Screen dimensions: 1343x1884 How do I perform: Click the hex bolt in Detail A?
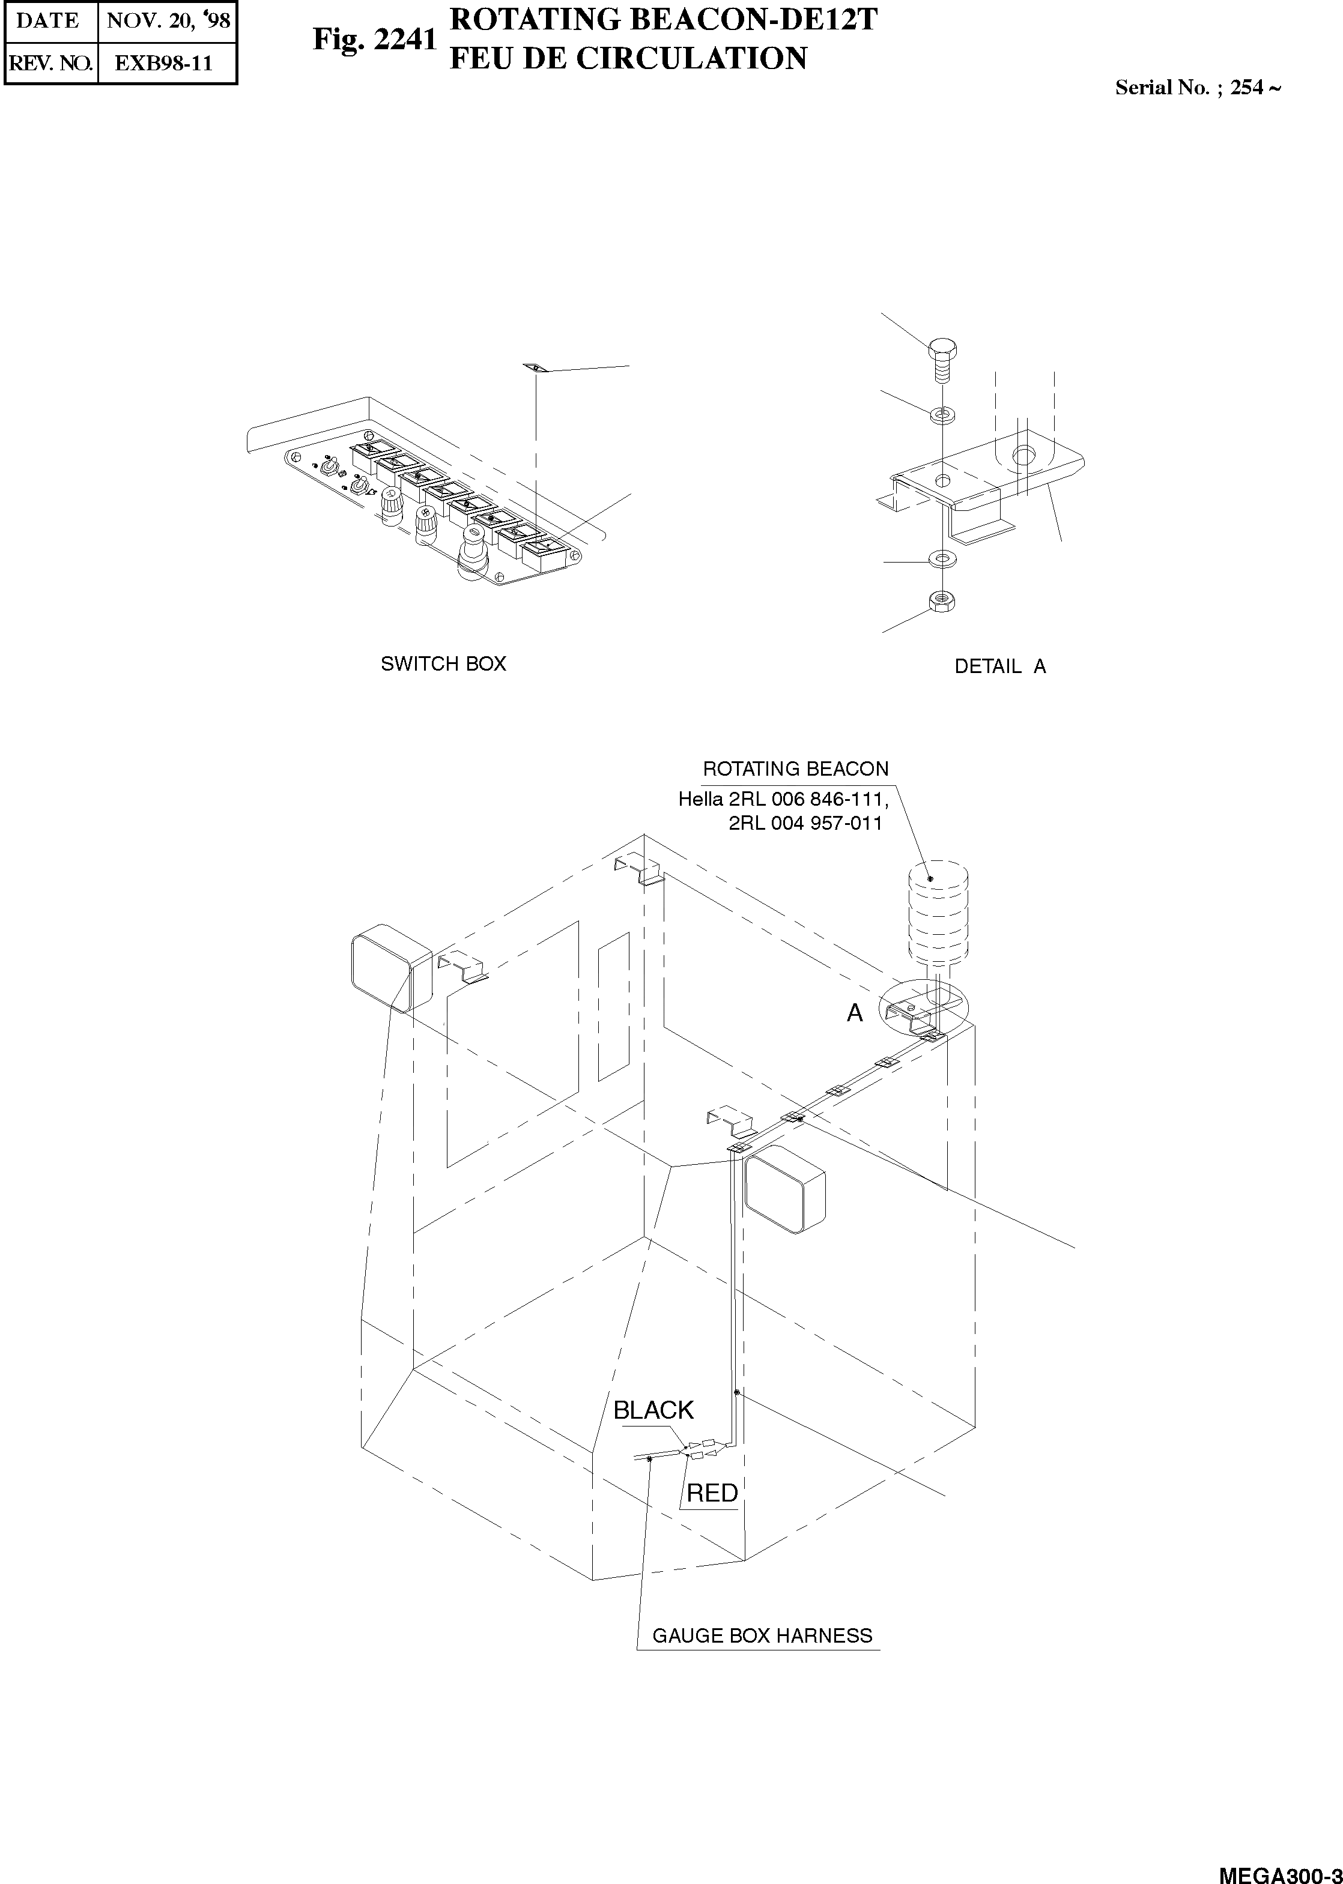(941, 358)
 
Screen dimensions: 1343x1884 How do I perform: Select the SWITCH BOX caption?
(443, 664)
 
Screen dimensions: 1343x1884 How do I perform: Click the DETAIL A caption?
(1000, 666)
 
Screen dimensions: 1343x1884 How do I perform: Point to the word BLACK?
(653, 1410)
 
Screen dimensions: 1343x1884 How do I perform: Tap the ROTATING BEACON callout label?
(796, 769)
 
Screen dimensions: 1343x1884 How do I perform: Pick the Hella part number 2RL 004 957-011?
(805, 823)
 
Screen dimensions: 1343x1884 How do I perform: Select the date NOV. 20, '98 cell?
(168, 20)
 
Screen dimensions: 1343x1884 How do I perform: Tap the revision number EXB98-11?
(164, 64)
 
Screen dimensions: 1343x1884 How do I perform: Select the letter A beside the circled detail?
(854, 1013)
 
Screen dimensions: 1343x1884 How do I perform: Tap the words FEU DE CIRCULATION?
(628, 59)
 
